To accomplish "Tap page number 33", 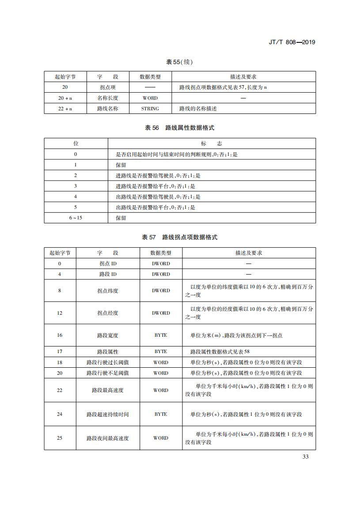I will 305,456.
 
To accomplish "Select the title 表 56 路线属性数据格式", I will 179,128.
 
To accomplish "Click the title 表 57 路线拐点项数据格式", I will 179,237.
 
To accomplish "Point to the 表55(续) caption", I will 179,62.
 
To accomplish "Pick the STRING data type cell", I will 150,109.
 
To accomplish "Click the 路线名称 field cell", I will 108,109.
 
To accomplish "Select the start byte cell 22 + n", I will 65,109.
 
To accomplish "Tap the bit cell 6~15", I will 76,218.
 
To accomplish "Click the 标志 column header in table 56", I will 211,143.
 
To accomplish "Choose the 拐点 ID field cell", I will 108,264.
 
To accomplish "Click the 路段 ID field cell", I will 108,274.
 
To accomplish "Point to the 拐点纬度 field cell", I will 108,291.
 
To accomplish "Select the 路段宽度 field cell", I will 108,335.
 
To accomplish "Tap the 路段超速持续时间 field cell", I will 108,415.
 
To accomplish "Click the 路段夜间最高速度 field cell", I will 108,438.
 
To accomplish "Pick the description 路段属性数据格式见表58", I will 220,352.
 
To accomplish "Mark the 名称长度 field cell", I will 108,98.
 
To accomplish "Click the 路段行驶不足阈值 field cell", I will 108,373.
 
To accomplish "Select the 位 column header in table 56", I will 76,143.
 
